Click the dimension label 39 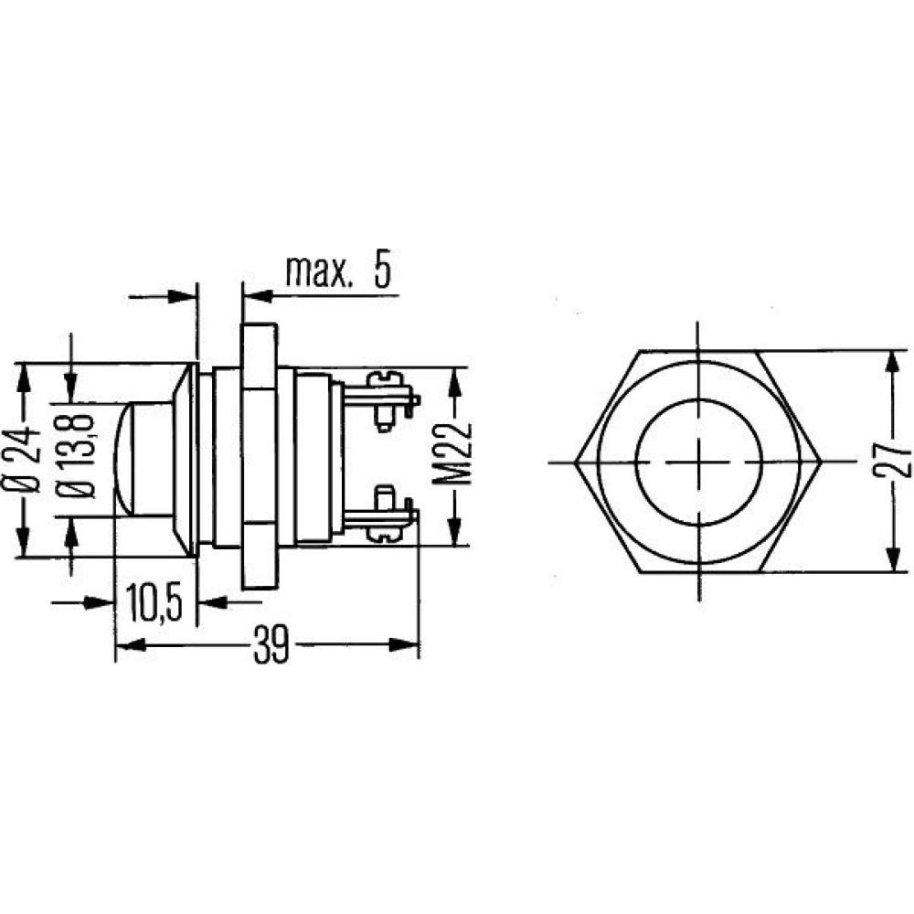[271, 644]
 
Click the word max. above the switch [319, 271]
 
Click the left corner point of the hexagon [575, 462]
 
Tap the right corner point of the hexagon [822, 462]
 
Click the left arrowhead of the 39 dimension [131, 644]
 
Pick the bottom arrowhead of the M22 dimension [454, 530]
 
